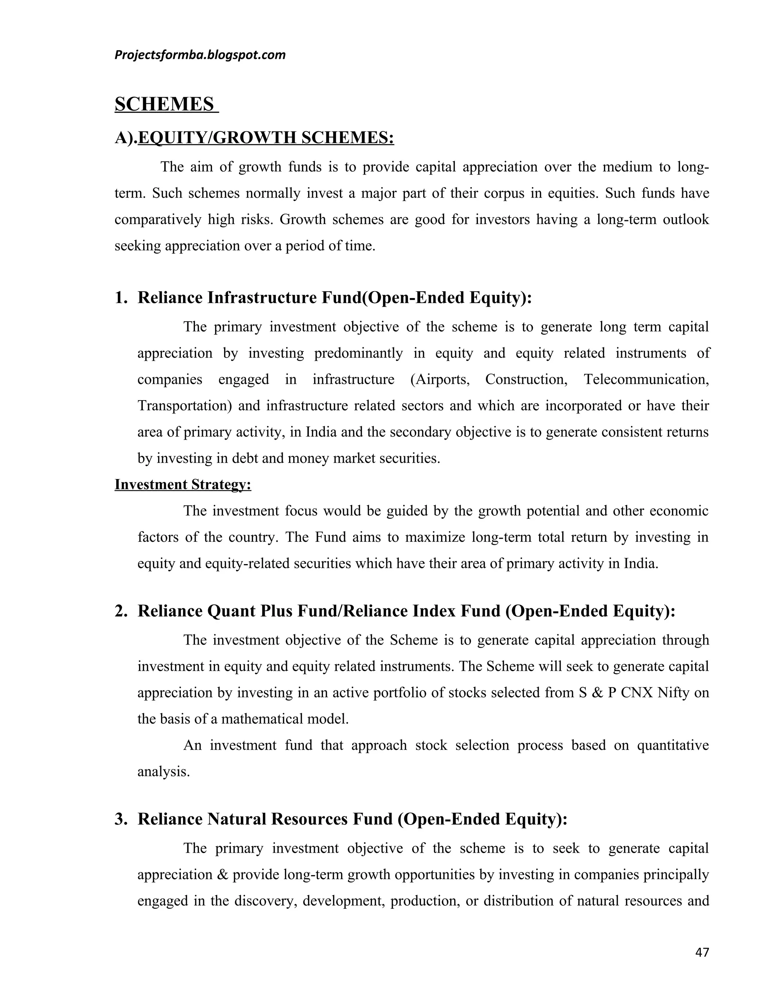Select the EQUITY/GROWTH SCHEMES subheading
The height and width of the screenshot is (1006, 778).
tap(266, 137)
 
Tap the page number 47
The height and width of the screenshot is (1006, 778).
tap(702, 952)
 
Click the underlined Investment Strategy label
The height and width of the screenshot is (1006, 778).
tap(182, 484)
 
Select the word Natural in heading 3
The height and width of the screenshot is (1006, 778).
tap(236, 819)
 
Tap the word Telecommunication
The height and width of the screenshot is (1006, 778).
tap(646, 380)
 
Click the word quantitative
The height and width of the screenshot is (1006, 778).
tap(672, 745)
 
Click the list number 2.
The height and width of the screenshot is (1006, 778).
tap(120, 611)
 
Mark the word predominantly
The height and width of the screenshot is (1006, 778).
tap(359, 353)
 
